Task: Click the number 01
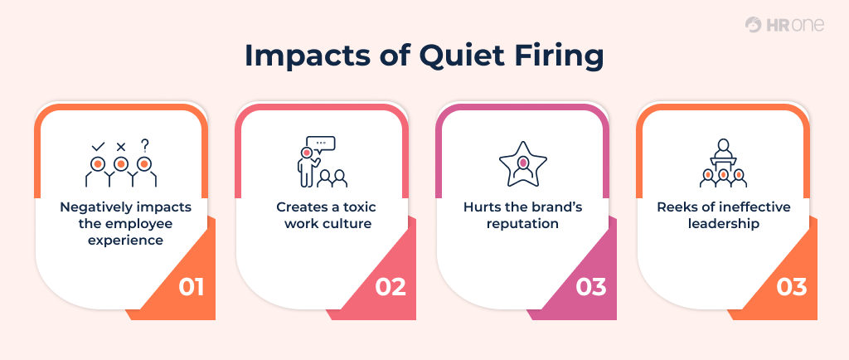pos(191,287)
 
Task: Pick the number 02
pos(391,287)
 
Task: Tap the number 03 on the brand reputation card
pos(591,287)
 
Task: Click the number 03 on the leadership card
pos(792,287)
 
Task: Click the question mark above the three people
pos(145,145)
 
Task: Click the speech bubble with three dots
pos(320,144)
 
